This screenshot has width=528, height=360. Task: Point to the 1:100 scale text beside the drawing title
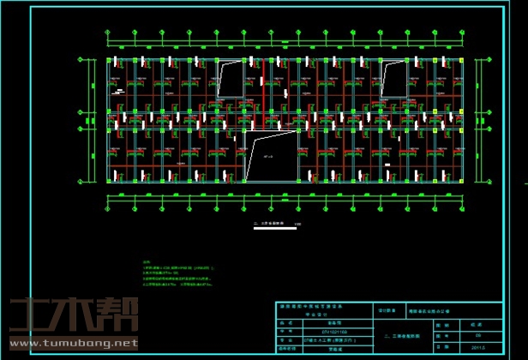click(x=297, y=225)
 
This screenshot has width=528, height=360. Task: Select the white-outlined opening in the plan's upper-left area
click(x=230, y=80)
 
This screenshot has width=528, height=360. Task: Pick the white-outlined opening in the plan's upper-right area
click(x=393, y=80)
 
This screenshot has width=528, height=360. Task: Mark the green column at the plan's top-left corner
click(x=109, y=61)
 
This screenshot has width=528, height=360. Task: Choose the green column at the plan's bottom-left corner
click(x=109, y=180)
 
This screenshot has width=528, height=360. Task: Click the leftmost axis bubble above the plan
click(x=108, y=33)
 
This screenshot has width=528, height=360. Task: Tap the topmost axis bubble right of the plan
click(x=487, y=61)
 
